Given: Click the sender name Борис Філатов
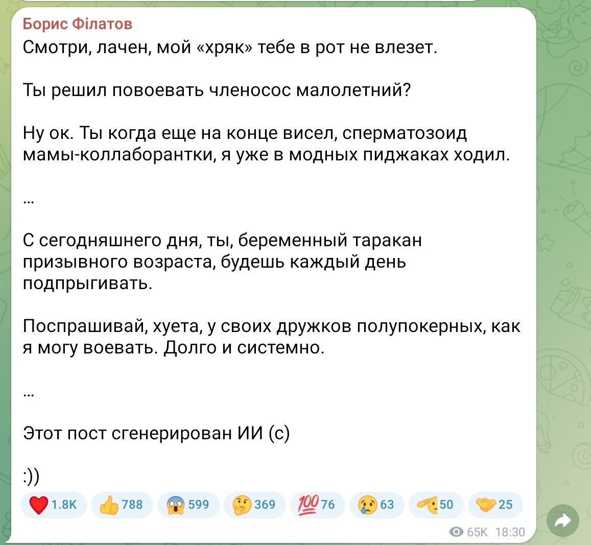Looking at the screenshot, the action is [77, 24].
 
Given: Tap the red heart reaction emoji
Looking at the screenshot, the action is [39, 505].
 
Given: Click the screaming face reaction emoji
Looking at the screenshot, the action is [175, 505].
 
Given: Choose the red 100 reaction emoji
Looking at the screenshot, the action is [309, 505].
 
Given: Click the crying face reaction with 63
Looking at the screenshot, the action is [377, 505].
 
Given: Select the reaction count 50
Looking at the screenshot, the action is [446, 505].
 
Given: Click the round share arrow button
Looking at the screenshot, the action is [563, 521].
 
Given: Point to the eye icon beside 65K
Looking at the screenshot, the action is [457, 532].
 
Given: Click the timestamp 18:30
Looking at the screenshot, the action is [510, 532].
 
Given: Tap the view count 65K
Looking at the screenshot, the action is [477, 532].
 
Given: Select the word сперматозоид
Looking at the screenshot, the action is [405, 133].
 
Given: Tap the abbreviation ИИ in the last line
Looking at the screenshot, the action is [250, 434].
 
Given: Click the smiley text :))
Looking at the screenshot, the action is [31, 477].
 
